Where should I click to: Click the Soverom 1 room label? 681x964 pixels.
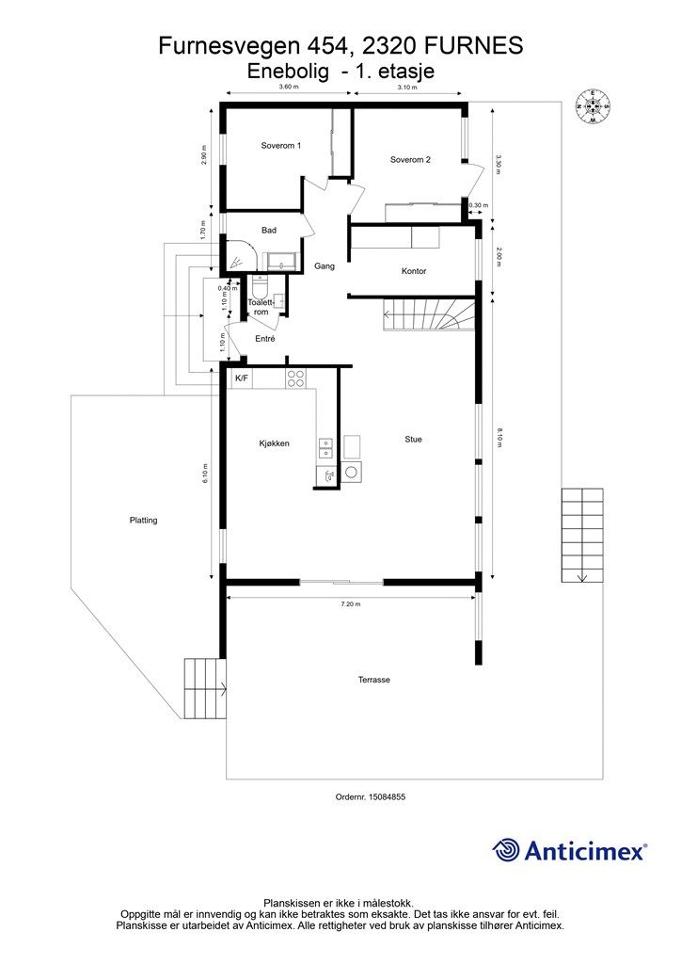click(280, 146)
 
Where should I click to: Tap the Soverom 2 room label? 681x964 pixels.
click(410, 160)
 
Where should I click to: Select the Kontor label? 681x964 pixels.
click(414, 271)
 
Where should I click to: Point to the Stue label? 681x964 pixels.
click(413, 440)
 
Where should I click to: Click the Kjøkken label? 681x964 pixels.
click(274, 443)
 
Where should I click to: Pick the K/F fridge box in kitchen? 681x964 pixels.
click(242, 378)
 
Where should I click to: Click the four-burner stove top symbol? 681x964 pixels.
click(295, 378)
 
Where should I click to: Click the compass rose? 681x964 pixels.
click(593, 107)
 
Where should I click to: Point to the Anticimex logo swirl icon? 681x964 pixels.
click(505, 850)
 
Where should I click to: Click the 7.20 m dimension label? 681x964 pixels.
click(351, 604)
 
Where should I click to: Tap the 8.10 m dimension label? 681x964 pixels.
click(499, 437)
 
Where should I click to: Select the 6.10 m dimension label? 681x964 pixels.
click(206, 473)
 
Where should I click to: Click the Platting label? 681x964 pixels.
click(143, 520)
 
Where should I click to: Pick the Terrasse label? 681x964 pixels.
click(374, 680)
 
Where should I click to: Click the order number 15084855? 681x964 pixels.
click(386, 796)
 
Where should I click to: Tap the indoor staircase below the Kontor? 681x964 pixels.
click(429, 314)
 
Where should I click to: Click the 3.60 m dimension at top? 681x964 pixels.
click(289, 87)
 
